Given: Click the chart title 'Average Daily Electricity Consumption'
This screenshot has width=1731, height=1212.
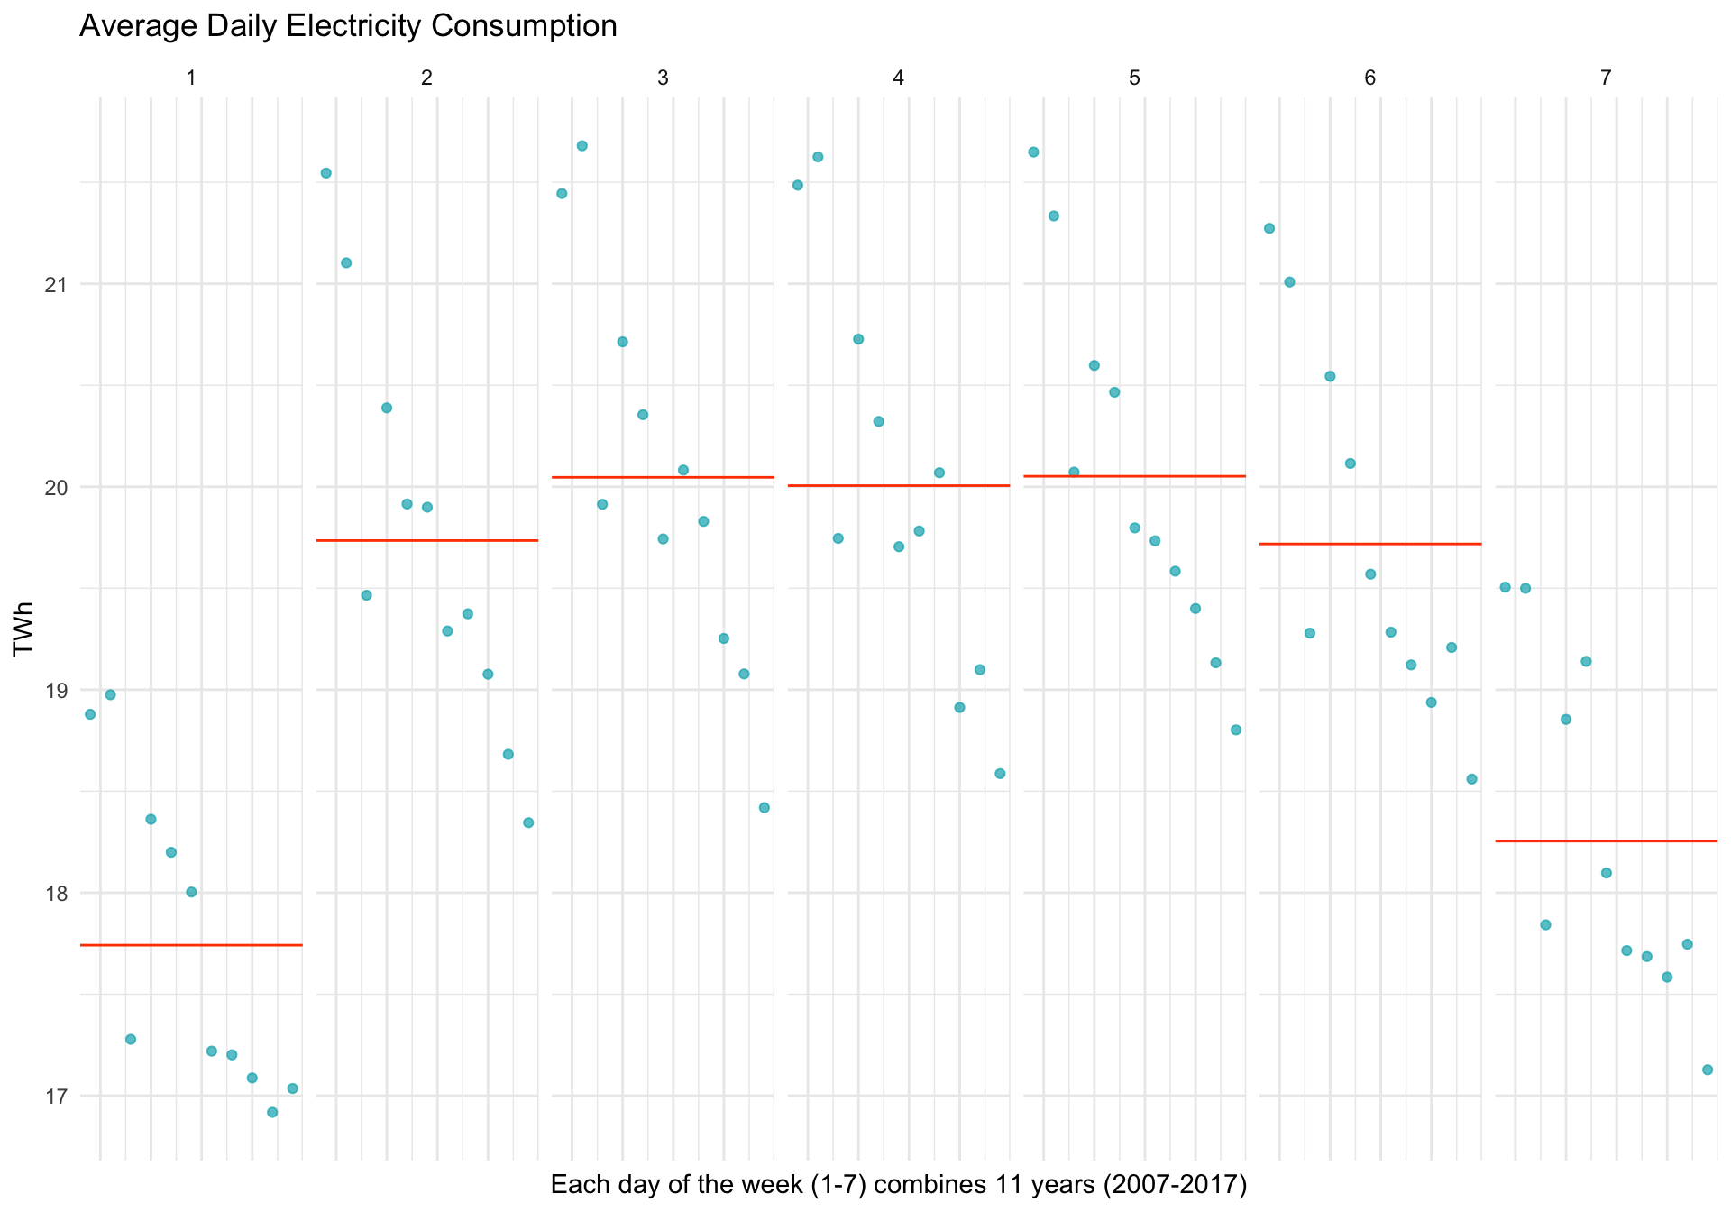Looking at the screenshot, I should [x=348, y=26].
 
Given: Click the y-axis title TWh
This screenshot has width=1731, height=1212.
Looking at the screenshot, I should [x=24, y=629].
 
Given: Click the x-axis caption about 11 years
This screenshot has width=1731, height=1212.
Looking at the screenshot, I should [x=898, y=1184].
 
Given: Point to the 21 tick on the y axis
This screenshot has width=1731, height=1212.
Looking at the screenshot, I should [x=56, y=285].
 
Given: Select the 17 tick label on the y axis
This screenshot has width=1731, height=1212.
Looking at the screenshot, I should [x=56, y=1097].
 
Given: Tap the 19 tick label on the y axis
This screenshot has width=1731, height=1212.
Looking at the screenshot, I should [x=56, y=691].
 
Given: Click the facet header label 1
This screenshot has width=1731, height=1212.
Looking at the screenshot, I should [x=191, y=78].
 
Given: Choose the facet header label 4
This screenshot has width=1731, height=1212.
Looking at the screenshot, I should [x=898, y=78].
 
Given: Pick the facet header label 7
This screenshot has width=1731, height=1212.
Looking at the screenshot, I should [x=1606, y=78].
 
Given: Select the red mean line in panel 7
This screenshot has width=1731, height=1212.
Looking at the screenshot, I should [x=1606, y=841].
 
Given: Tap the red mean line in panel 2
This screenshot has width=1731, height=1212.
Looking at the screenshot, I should [x=427, y=540].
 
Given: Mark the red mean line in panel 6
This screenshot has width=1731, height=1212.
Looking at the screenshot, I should [x=1370, y=544].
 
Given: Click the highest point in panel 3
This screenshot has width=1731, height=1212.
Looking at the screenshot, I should [x=582, y=146].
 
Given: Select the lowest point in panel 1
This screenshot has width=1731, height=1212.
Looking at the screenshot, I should [x=272, y=1112].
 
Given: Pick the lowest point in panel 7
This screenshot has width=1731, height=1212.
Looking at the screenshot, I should [x=1707, y=1070].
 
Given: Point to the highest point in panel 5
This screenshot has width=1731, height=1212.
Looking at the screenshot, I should [x=1033, y=152].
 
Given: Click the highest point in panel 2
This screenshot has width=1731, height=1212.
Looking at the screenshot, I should [x=326, y=173].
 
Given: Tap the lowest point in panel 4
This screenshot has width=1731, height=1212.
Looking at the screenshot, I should [x=1000, y=774].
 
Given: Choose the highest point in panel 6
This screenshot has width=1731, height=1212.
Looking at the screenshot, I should [x=1269, y=228].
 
